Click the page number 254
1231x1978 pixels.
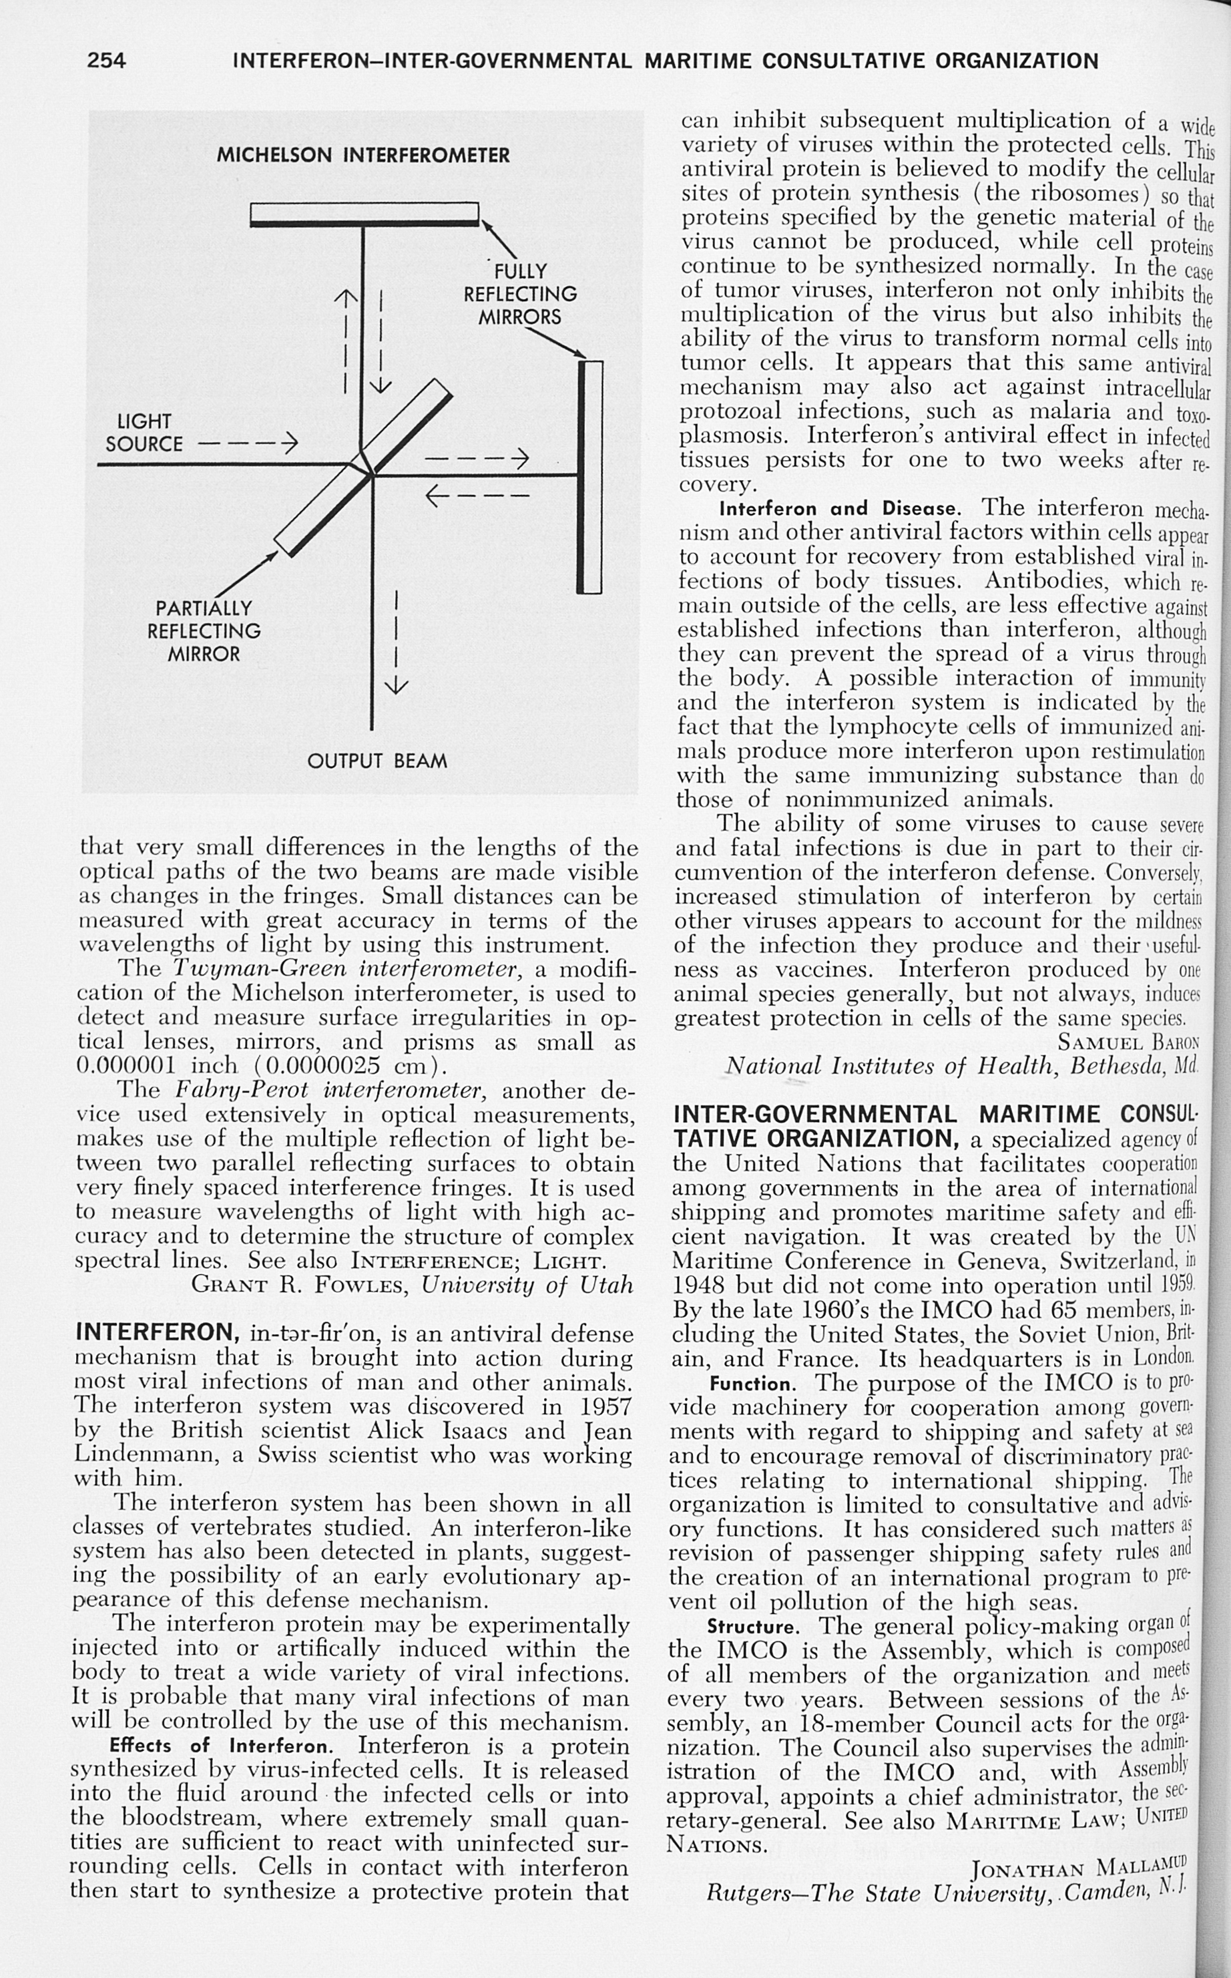(107, 60)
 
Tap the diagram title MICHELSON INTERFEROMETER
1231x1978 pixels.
(363, 155)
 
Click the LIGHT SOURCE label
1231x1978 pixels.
(144, 433)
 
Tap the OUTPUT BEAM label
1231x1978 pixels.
(377, 761)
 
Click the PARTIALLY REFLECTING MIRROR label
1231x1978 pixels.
(204, 631)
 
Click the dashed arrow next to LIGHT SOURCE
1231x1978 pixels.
(249, 445)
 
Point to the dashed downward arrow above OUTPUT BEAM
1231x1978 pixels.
(395, 643)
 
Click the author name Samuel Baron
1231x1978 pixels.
(1128, 1042)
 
